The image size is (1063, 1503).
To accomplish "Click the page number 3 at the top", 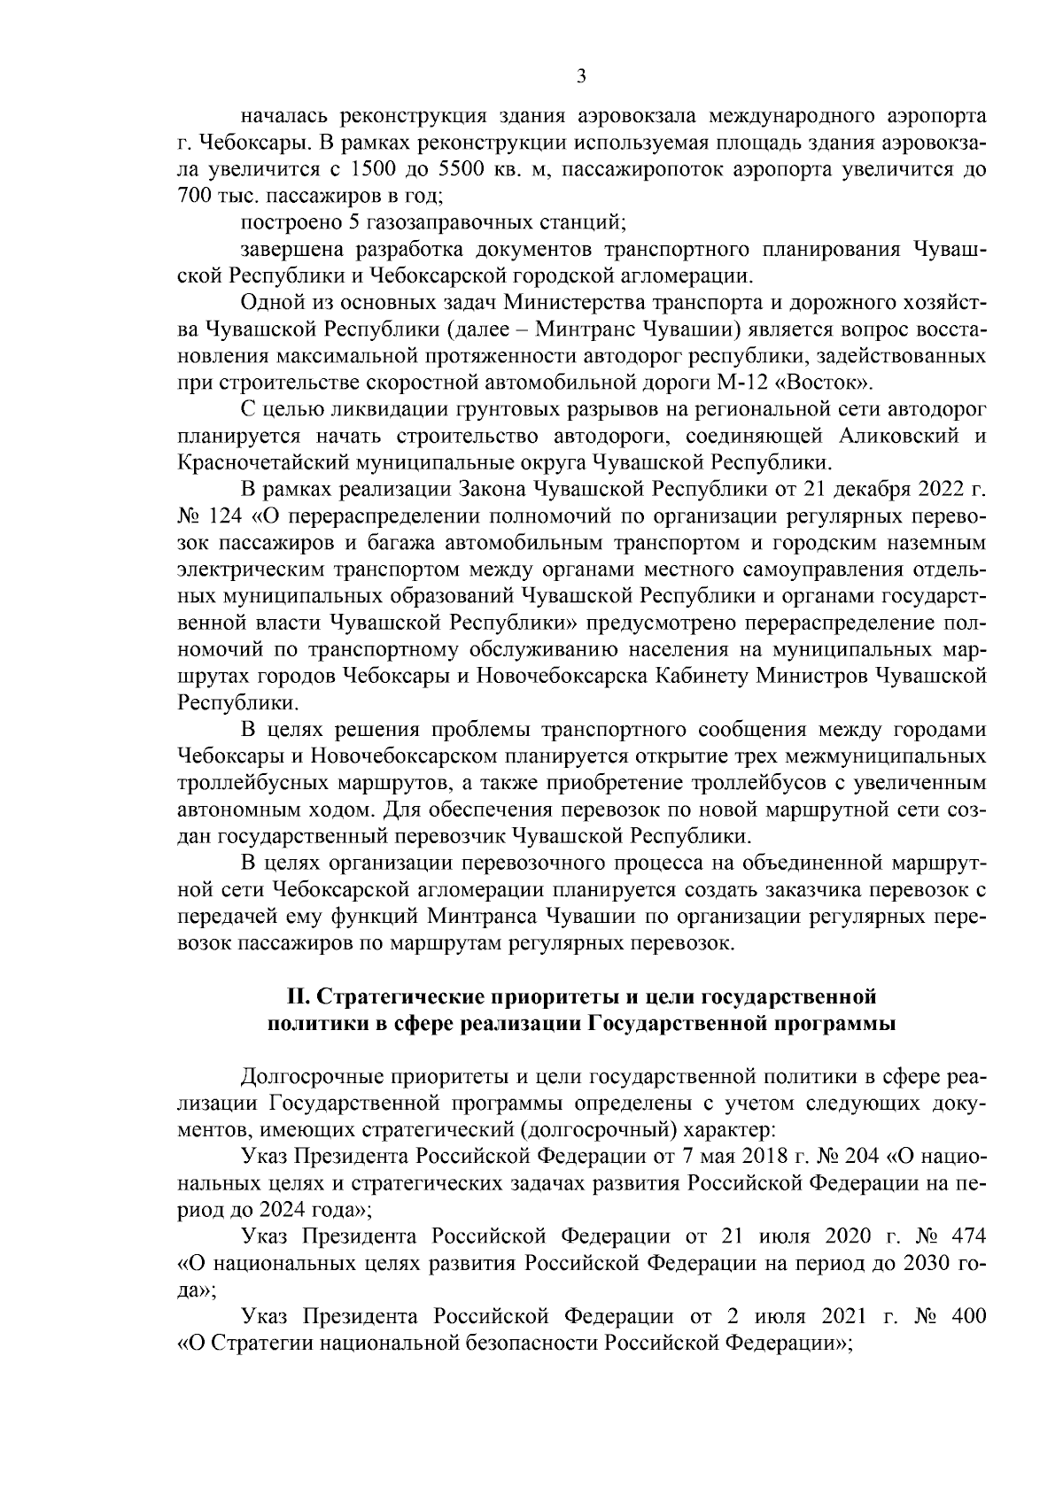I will click(581, 76).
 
